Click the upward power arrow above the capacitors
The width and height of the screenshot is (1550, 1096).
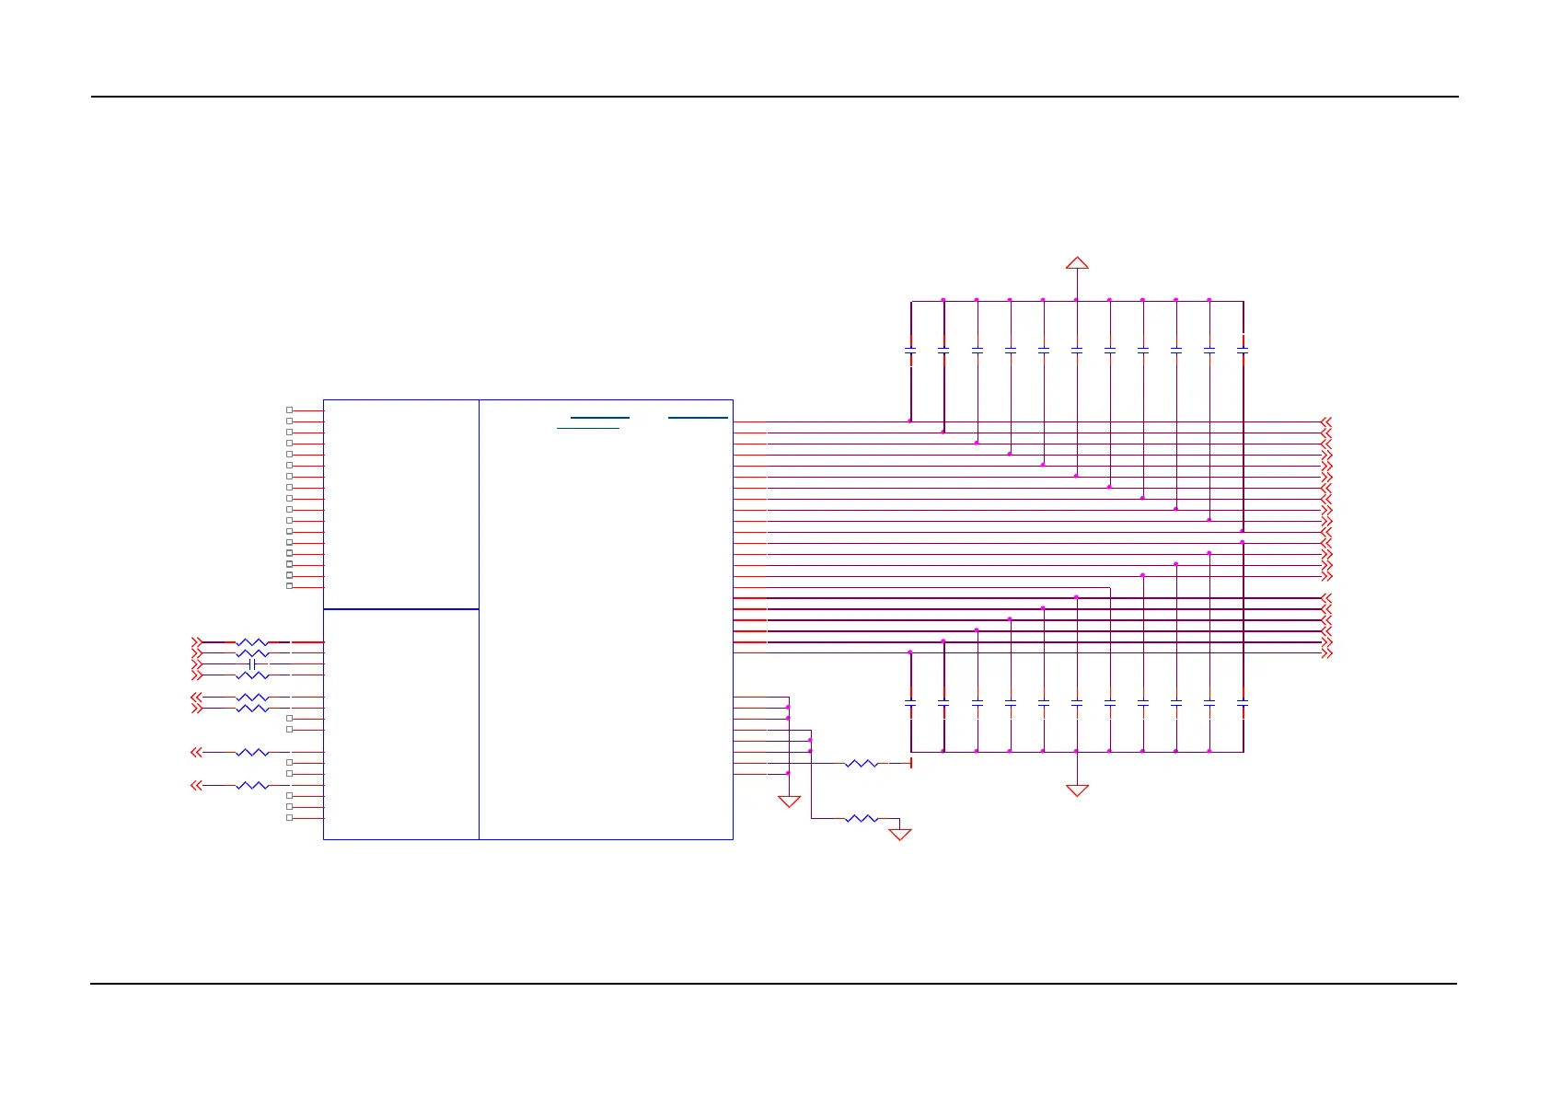tap(1077, 263)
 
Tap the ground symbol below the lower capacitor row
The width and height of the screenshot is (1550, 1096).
tap(1077, 790)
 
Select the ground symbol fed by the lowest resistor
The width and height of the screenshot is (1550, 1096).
tap(900, 834)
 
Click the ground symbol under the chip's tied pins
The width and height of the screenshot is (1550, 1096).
tap(789, 802)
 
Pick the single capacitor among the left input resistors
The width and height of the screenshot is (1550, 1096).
tap(252, 664)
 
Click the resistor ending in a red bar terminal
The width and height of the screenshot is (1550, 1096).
tap(862, 763)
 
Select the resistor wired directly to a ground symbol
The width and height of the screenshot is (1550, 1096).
tap(862, 818)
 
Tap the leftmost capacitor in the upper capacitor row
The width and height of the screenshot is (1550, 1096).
tap(910, 351)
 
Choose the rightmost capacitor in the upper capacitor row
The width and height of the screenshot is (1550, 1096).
tap(1243, 351)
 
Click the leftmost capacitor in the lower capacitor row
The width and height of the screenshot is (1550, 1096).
tap(910, 702)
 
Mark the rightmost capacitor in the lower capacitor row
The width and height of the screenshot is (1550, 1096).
tap(1243, 702)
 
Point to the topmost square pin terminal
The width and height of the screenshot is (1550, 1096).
tap(289, 410)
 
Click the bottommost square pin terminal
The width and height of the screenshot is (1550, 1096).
tap(289, 818)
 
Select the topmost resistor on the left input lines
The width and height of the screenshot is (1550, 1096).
tap(252, 642)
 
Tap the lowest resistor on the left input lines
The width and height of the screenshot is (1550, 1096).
tap(252, 785)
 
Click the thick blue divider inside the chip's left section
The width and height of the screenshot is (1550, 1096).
tap(401, 609)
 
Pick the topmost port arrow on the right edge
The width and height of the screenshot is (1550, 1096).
tap(1326, 421)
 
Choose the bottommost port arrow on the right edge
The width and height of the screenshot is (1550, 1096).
tap(1326, 653)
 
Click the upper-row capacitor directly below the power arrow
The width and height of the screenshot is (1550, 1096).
tap(1077, 351)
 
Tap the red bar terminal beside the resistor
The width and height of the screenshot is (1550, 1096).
tap(910, 763)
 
